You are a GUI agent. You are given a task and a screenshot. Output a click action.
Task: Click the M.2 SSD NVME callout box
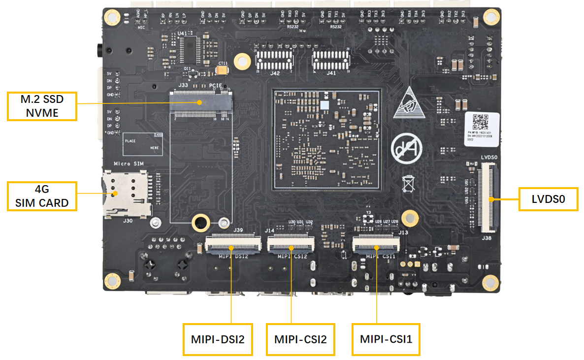42,106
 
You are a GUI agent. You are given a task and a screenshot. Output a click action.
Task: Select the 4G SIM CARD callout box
42,196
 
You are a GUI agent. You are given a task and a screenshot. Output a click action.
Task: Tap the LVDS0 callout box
548,199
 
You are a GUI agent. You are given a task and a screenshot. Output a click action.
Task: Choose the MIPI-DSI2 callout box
217,339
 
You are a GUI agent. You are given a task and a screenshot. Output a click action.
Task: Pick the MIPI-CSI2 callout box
300,339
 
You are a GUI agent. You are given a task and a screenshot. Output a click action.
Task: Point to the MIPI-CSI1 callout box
386,339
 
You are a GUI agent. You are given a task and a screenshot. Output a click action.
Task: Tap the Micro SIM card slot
126,195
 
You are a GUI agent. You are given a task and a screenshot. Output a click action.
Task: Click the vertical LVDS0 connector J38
487,197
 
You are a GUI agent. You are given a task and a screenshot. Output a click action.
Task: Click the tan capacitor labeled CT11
223,70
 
